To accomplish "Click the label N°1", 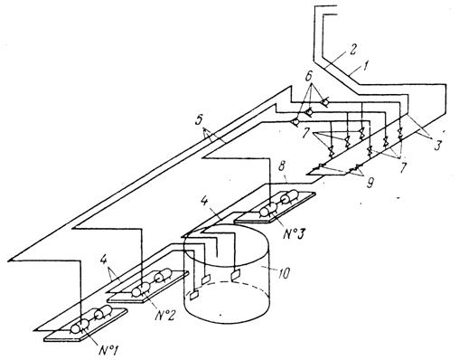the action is click(x=108, y=351).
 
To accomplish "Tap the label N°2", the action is click(x=164, y=315).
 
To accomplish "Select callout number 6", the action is click(x=308, y=77).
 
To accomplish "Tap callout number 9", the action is click(x=370, y=183).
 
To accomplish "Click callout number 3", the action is click(x=437, y=146).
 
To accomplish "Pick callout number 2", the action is click(x=353, y=50).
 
